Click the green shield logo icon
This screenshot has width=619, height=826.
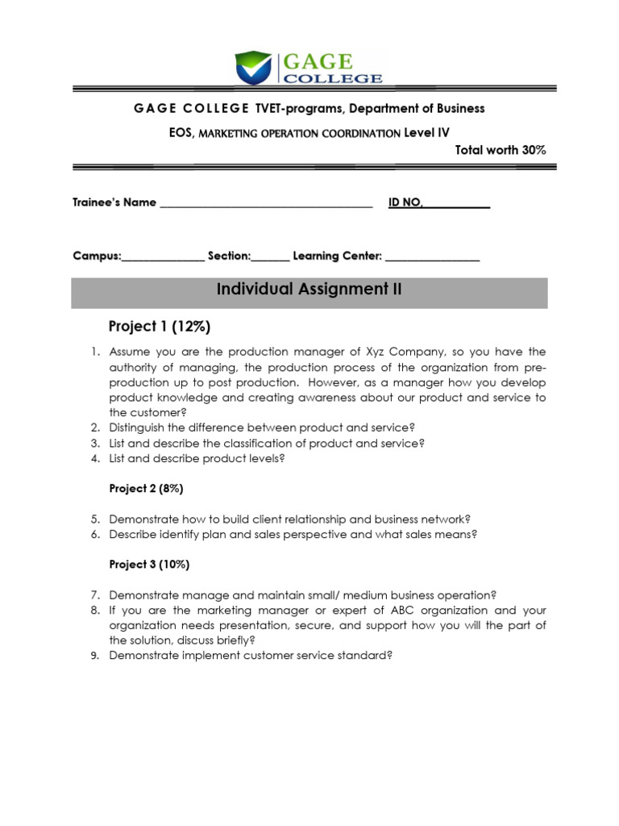[x=254, y=68]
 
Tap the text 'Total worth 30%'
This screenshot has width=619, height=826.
[x=501, y=150]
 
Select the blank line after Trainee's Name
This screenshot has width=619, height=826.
[x=266, y=203]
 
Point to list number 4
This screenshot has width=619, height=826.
[x=94, y=459]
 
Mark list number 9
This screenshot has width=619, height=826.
[x=94, y=656]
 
